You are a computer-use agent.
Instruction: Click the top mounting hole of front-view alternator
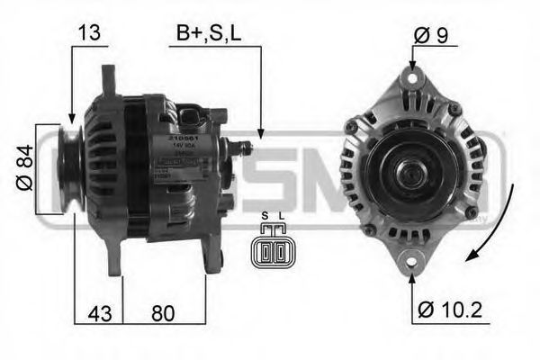tap(412, 79)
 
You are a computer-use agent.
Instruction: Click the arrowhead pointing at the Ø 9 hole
tap(412, 66)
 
